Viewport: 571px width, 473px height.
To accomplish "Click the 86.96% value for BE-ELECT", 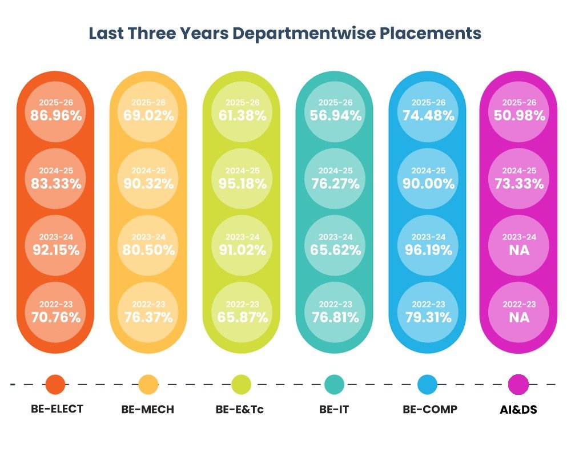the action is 56,116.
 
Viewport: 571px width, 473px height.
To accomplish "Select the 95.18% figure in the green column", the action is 243,183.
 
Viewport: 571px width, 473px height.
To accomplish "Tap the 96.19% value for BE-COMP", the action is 429,250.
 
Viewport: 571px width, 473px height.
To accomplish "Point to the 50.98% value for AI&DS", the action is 519,116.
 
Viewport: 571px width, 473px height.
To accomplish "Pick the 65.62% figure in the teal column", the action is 335,250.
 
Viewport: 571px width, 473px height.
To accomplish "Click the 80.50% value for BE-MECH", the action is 148,250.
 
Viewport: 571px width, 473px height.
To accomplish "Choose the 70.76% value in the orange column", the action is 56,317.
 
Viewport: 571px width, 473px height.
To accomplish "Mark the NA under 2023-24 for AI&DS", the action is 519,250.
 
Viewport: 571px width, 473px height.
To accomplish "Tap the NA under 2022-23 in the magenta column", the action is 519,317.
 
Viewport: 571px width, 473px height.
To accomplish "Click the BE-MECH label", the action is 147,409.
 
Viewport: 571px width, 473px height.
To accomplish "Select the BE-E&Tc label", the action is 239,409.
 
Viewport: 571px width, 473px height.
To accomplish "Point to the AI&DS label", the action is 518,409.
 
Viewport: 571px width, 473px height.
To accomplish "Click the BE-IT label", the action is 334,409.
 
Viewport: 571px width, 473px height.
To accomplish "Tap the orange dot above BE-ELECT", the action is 55,384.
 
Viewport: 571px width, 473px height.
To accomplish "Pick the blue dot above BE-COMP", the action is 427,384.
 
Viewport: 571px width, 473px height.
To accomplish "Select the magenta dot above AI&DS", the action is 518,384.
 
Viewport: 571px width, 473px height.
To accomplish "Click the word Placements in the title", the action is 431,33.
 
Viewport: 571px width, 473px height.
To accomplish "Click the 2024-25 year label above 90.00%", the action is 429,170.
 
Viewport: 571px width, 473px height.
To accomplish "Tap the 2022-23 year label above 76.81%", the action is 335,304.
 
